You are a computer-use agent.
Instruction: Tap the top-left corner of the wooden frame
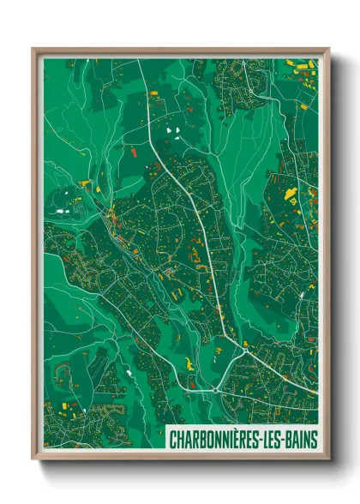coord(33,49)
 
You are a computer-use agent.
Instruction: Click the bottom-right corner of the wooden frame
coord(328,459)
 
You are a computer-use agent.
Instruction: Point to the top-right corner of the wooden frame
coord(328,49)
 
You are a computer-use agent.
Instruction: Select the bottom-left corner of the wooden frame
coord(33,459)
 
